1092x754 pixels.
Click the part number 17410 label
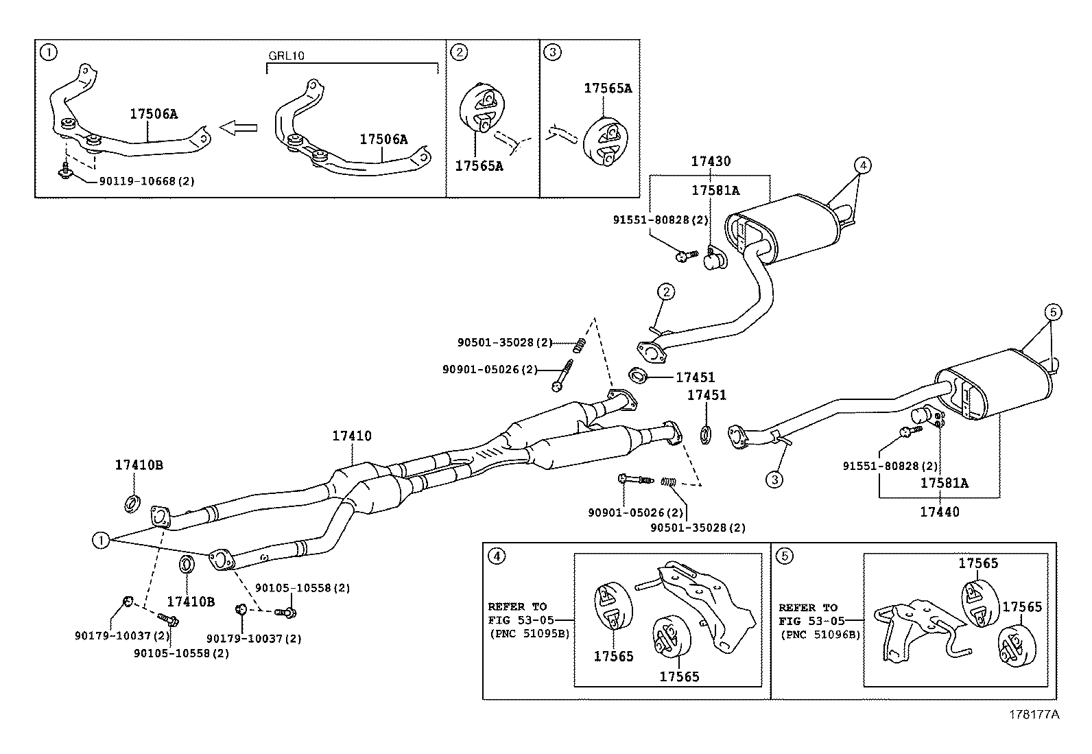[x=352, y=436]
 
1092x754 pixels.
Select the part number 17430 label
[x=711, y=162]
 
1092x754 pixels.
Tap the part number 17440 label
[x=939, y=512]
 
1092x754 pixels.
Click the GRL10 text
[x=286, y=56]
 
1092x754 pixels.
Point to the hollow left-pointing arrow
[x=238, y=127]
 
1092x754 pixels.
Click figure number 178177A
[x=1034, y=715]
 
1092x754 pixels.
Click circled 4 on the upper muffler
[x=863, y=165]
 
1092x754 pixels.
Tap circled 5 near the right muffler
[x=1054, y=313]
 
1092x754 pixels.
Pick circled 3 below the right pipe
[x=774, y=480]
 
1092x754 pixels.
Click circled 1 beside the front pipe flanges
[x=101, y=541]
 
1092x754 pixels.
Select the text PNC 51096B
[x=820, y=635]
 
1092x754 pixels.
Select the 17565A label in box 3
[x=608, y=89]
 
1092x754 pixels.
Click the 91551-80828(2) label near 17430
[x=660, y=220]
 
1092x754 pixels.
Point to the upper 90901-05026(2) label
[x=490, y=369]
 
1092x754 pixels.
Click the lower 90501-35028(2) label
[x=697, y=528]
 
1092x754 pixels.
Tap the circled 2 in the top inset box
[x=460, y=51]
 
